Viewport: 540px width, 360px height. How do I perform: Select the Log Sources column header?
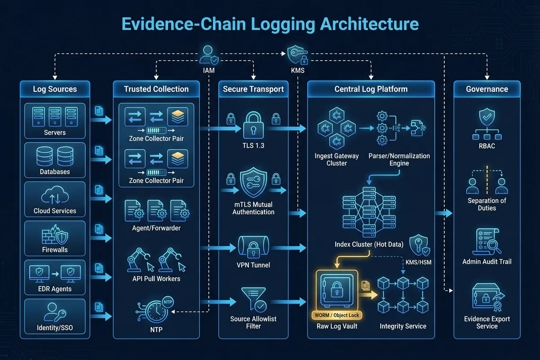pyautogui.click(x=55, y=89)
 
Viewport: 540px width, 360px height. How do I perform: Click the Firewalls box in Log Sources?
pyautogui.click(x=55, y=238)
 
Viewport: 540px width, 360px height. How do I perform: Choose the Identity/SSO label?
pyautogui.click(x=55, y=328)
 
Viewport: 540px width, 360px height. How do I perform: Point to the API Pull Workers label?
pyautogui.click(x=156, y=279)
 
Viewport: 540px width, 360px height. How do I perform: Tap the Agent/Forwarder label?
pyautogui.click(x=156, y=228)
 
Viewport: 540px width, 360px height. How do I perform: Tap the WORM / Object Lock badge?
pyautogui.click(x=337, y=315)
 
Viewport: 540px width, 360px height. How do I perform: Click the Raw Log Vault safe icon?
pyautogui.click(x=337, y=290)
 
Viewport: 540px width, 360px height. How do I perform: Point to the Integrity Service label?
pyautogui.click(x=403, y=326)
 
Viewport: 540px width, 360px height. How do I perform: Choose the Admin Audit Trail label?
pyautogui.click(x=487, y=261)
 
